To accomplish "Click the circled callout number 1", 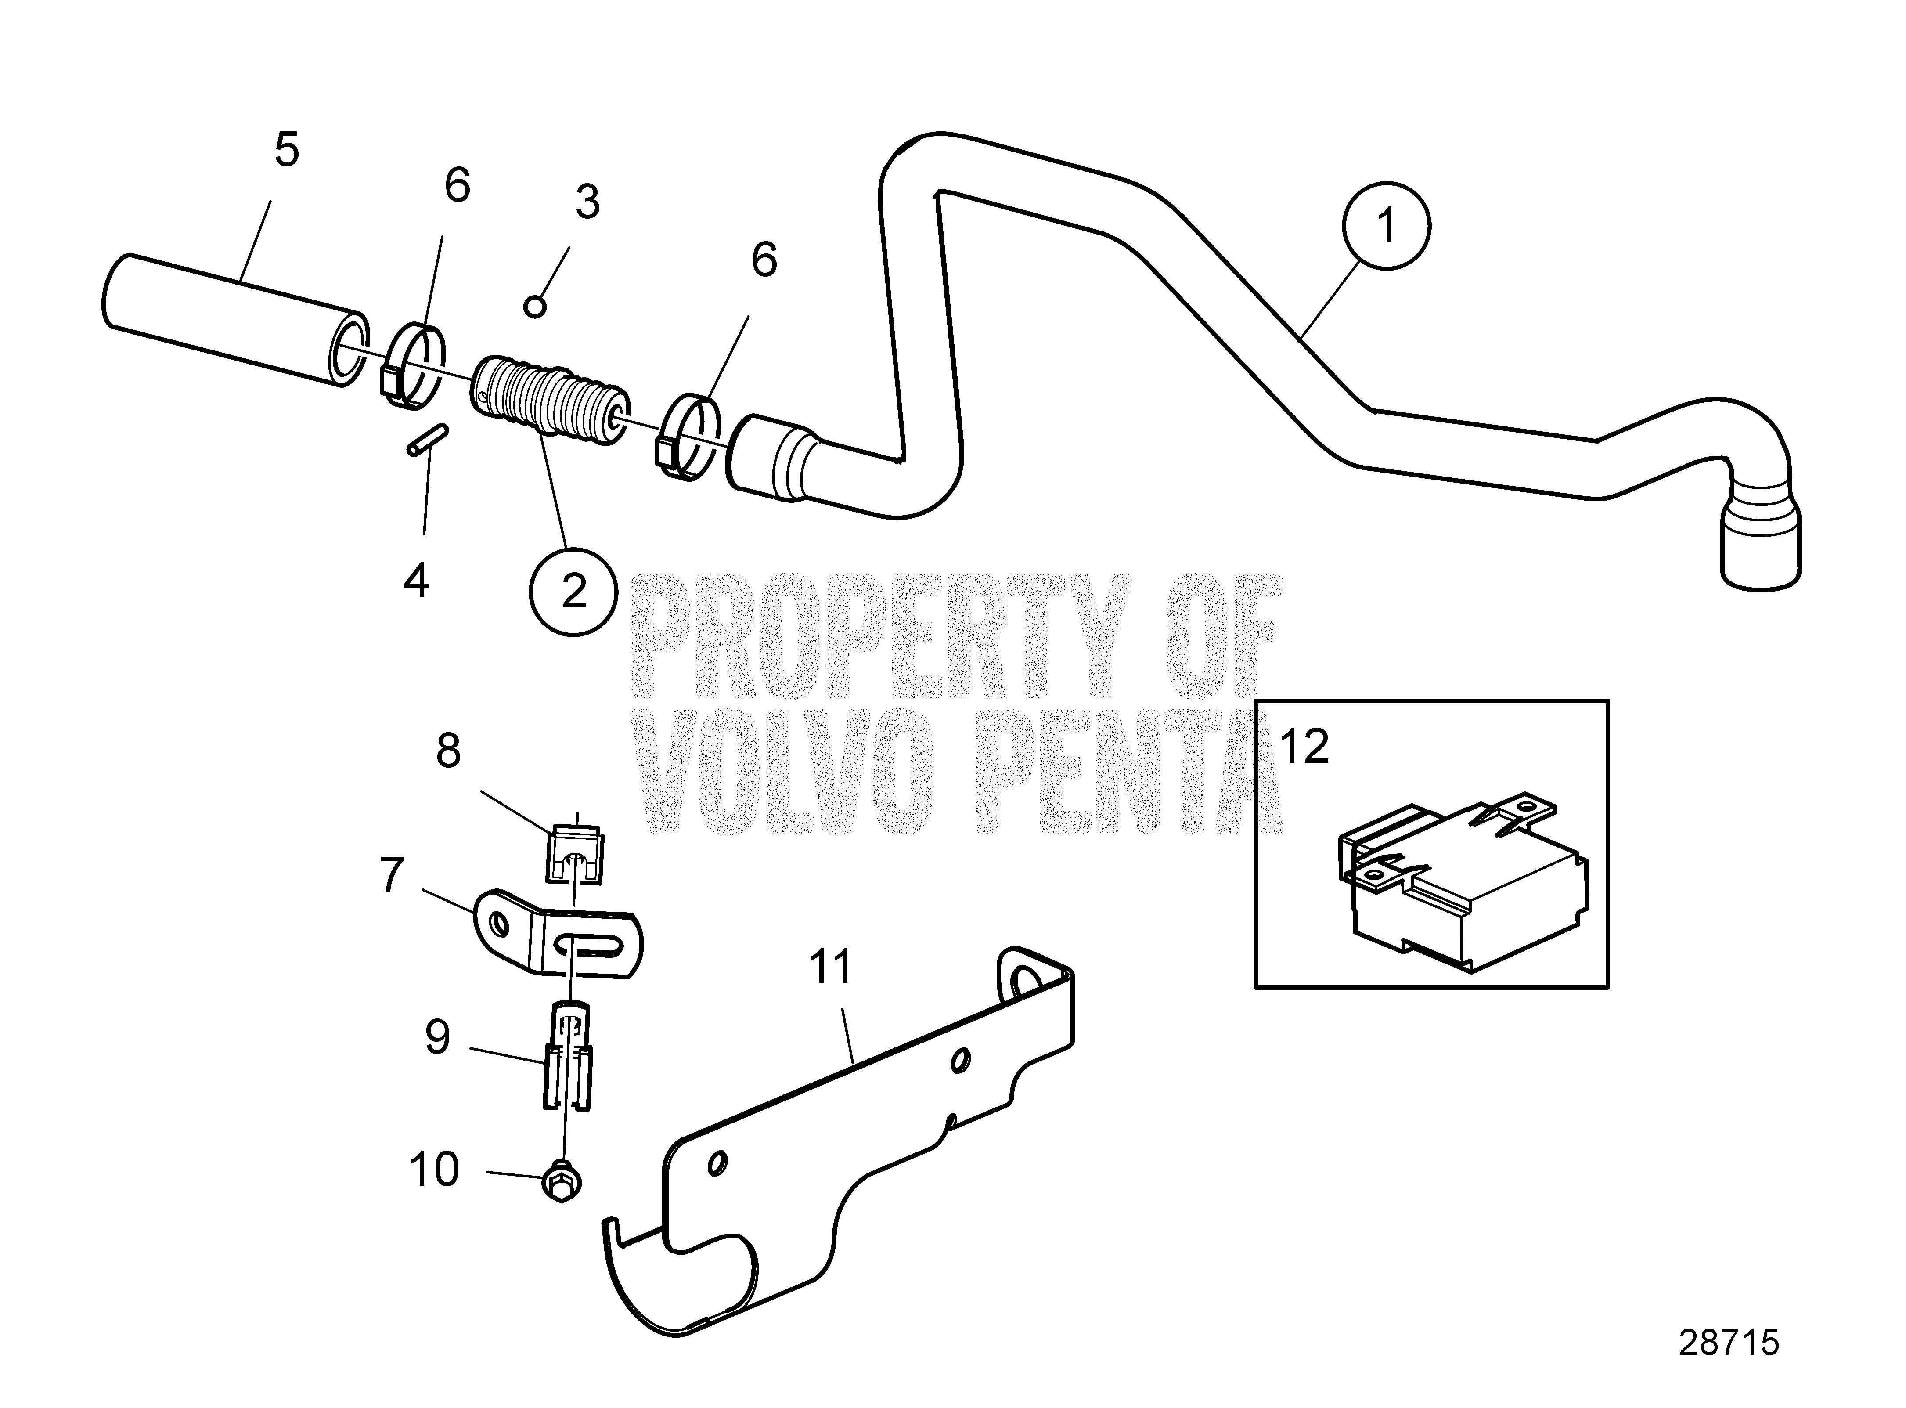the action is click(x=1386, y=226).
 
